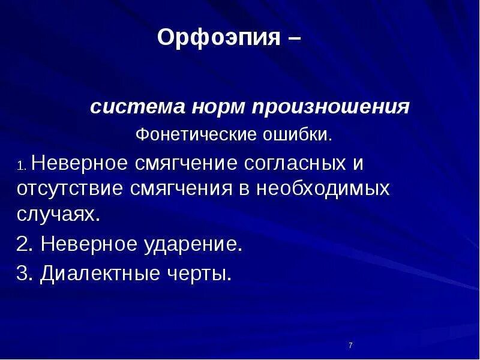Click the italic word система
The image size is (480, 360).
click(137, 109)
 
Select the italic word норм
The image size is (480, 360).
click(218, 109)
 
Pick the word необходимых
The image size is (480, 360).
click(323, 188)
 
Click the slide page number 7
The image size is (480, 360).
click(350, 346)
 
